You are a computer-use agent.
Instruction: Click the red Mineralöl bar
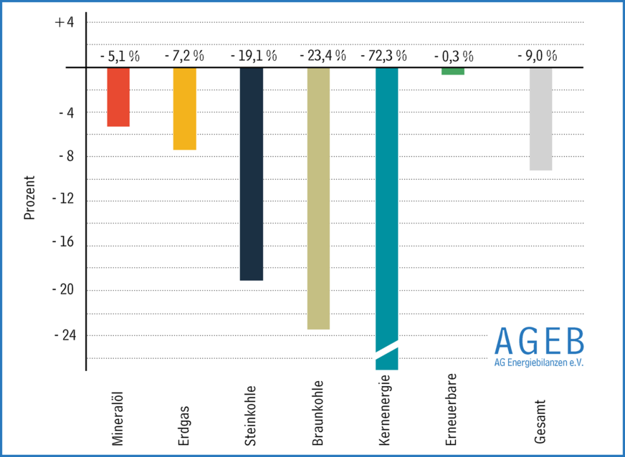pos(118,97)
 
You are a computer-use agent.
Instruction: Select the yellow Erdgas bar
pos(185,108)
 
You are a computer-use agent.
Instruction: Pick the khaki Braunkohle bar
pos(318,198)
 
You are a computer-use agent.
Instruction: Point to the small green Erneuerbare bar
pos(452,71)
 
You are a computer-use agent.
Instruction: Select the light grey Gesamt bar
pos(541,119)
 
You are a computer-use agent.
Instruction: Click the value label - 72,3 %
pos(383,55)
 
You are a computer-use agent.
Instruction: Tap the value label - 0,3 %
pos(454,55)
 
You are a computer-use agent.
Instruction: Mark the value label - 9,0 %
pos(537,55)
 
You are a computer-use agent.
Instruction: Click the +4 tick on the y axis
pos(64,22)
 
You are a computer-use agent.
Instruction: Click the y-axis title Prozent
pos(29,198)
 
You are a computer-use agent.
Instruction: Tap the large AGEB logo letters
pos(539,341)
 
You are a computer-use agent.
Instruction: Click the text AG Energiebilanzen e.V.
pos(539,362)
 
